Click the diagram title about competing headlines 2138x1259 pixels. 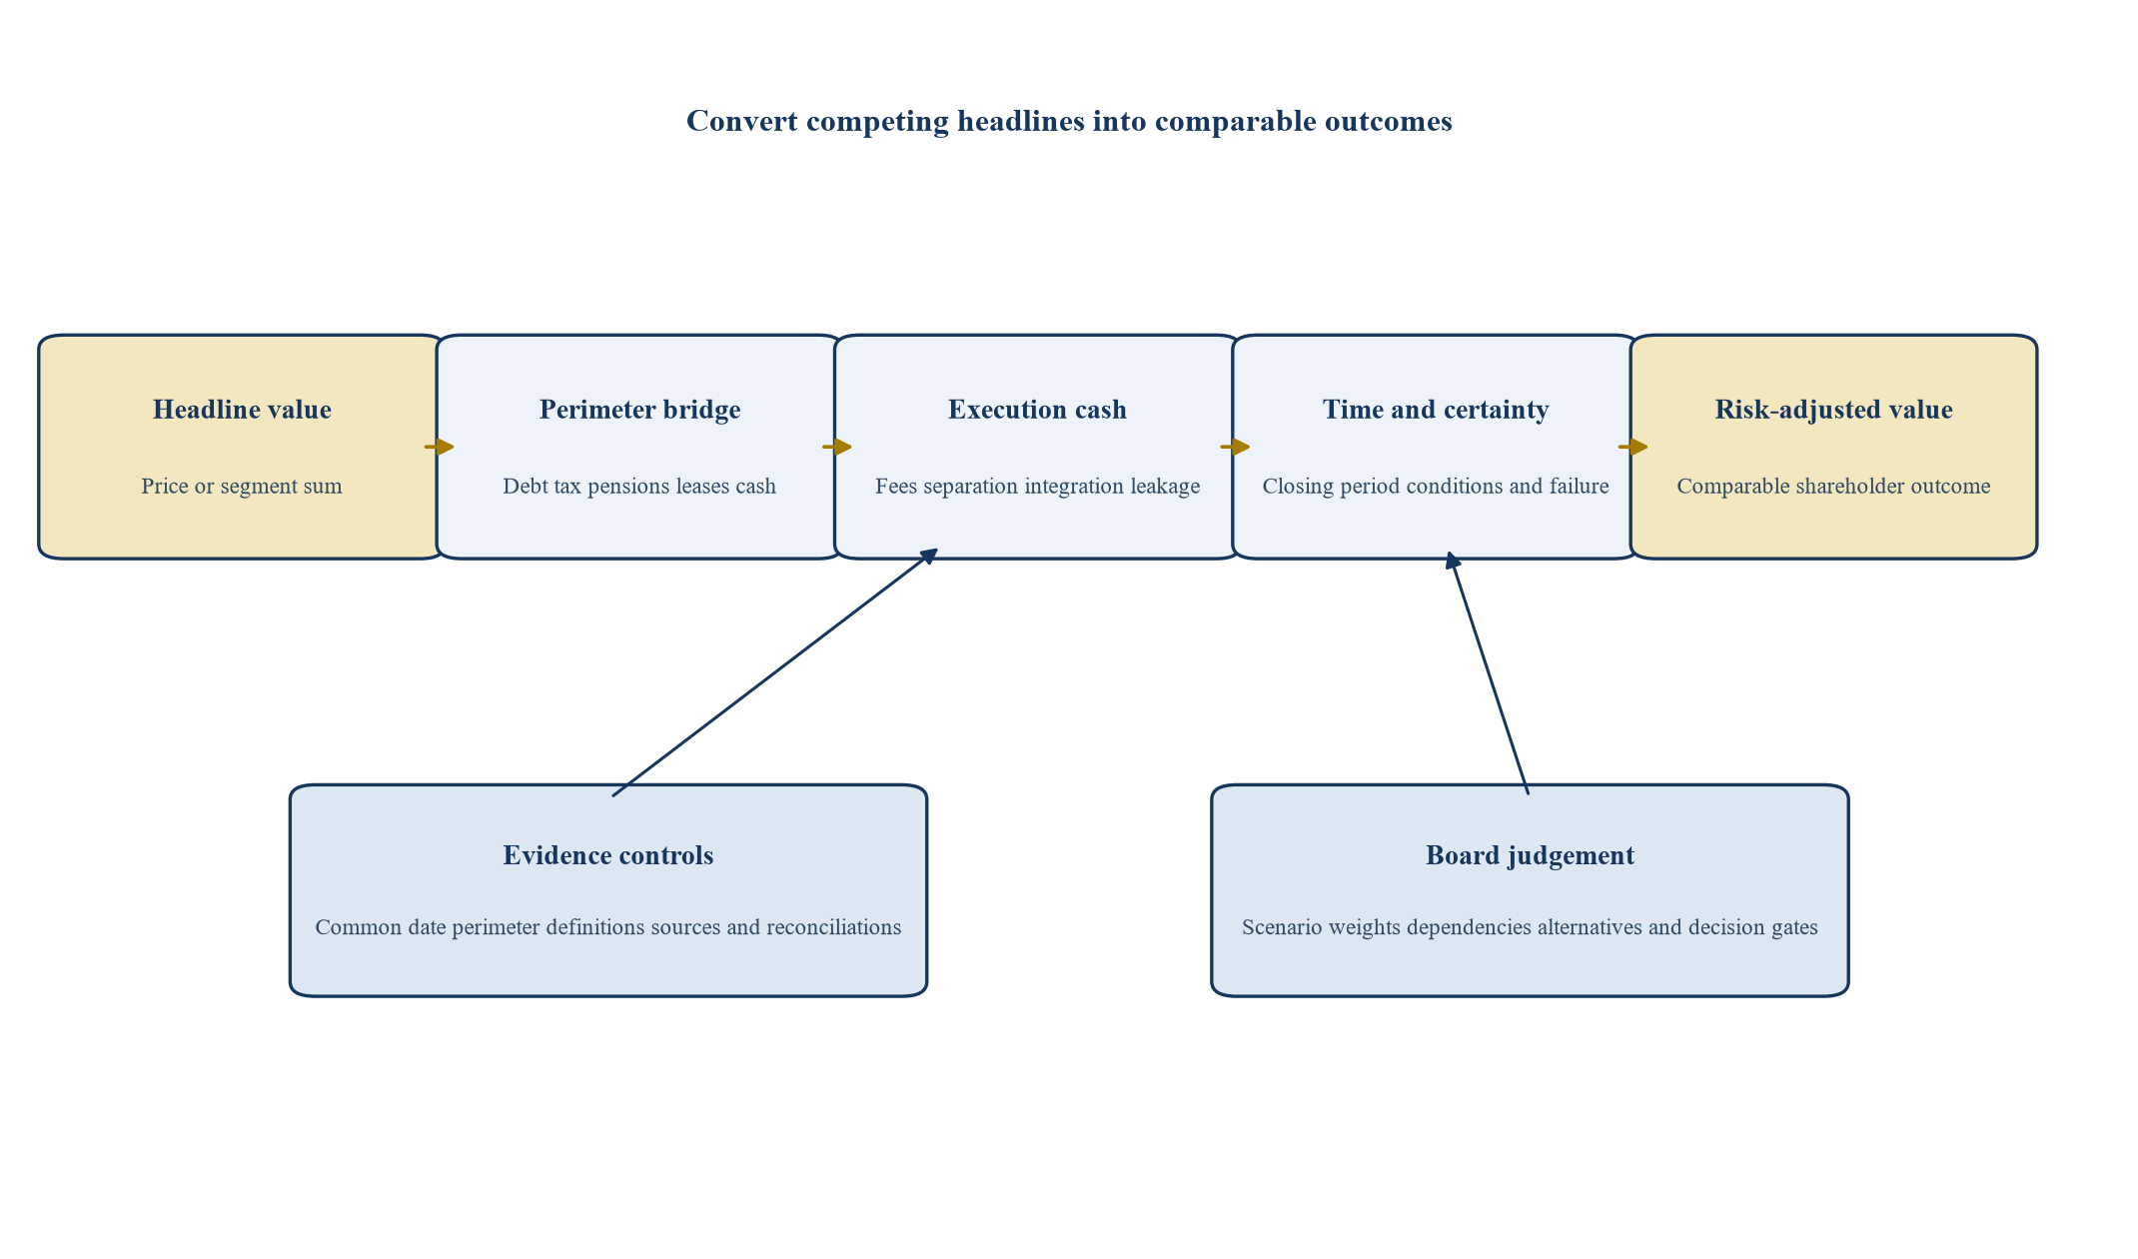(x=1069, y=121)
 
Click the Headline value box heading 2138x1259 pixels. (x=242, y=410)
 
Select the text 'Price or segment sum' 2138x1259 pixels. (x=242, y=487)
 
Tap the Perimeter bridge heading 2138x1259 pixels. (x=640, y=410)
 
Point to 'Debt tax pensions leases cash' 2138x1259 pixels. (x=639, y=487)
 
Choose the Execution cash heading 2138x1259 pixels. (x=1037, y=410)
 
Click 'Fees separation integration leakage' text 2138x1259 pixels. (x=1037, y=487)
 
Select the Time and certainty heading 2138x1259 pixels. (x=1436, y=410)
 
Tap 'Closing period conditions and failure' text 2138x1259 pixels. (x=1436, y=487)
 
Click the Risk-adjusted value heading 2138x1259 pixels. (x=1833, y=410)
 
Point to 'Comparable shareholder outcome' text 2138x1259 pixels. (x=1833, y=487)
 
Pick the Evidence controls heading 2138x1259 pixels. (x=608, y=855)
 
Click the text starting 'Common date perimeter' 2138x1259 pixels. (x=608, y=927)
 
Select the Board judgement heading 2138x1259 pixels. (x=1530, y=855)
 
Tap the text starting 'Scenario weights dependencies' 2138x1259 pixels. (x=1530, y=927)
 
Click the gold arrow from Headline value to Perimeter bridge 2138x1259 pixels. (x=440, y=447)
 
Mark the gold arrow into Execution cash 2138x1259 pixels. (x=837, y=447)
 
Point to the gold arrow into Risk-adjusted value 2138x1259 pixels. (x=1633, y=447)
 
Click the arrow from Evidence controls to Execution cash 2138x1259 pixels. (x=775, y=671)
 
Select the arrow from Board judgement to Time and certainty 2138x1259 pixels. (x=1489, y=672)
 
